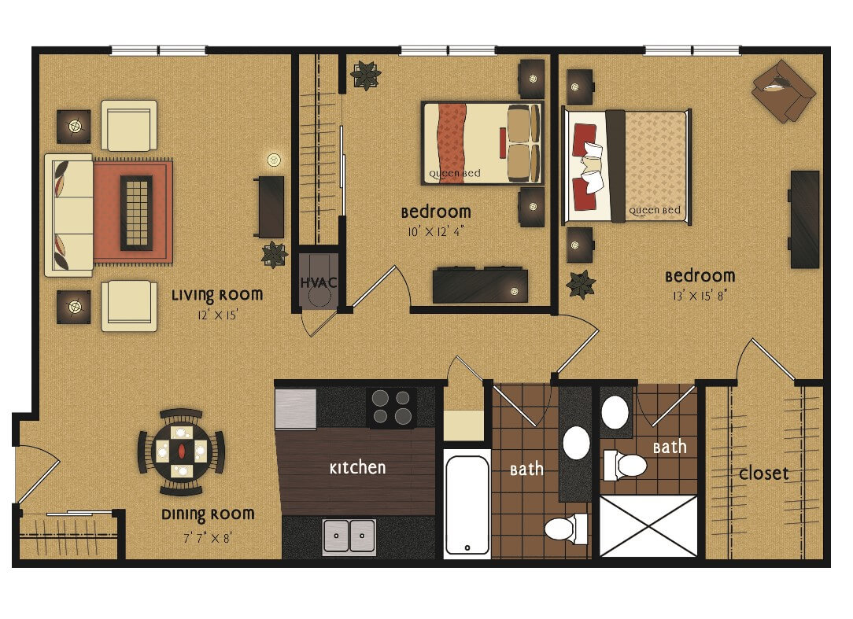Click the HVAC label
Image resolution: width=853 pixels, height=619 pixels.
pyautogui.click(x=319, y=283)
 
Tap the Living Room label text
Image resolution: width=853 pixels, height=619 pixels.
pyautogui.click(x=217, y=296)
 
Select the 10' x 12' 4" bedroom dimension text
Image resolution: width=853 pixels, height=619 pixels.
pyautogui.click(x=436, y=232)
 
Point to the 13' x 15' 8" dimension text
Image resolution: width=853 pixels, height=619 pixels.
pyautogui.click(x=700, y=296)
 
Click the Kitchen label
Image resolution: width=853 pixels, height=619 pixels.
pyautogui.click(x=357, y=468)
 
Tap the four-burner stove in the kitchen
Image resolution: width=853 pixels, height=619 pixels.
pyautogui.click(x=392, y=407)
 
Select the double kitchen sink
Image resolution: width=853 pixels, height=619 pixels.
pyautogui.click(x=349, y=536)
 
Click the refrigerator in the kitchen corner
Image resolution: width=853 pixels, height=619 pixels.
pyautogui.click(x=295, y=408)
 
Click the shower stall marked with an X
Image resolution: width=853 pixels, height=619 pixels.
pyautogui.click(x=648, y=525)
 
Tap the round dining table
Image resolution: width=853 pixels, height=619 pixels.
pyautogui.click(x=181, y=451)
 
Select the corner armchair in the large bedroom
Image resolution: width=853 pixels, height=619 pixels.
pyautogui.click(x=784, y=90)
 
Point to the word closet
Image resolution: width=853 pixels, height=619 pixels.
pyautogui.click(x=763, y=473)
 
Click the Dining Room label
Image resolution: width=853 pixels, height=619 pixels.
pyautogui.click(x=208, y=514)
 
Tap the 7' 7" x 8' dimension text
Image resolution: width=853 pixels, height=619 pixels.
pyautogui.click(x=207, y=539)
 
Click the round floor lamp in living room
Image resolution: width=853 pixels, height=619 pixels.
pyautogui.click(x=274, y=160)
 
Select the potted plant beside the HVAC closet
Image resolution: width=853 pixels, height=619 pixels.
pyautogui.click(x=274, y=255)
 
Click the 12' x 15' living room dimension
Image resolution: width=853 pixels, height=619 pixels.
pyautogui.click(x=218, y=315)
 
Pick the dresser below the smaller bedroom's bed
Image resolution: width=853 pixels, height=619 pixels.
pyautogui.click(x=480, y=285)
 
